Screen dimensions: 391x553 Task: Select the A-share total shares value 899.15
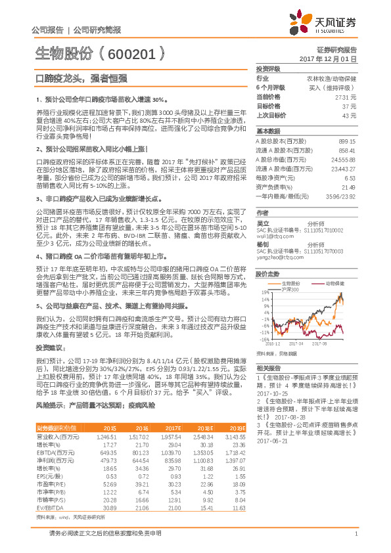click(x=346, y=141)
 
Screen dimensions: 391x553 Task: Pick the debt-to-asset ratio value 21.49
click(x=348, y=187)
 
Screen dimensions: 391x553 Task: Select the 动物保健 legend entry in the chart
click(x=334, y=284)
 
